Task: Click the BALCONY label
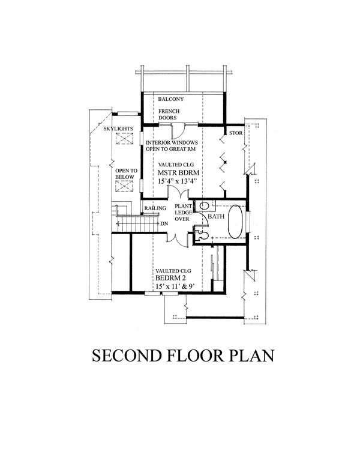[x=171, y=99]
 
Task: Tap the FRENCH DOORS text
[x=169, y=115]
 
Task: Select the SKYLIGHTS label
[x=118, y=129]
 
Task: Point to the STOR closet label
[x=236, y=133]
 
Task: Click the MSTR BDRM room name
[x=178, y=173]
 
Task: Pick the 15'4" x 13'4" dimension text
[x=178, y=181]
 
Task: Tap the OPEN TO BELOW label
[x=126, y=174]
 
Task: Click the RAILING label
[x=155, y=208]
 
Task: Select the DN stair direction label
[x=164, y=224]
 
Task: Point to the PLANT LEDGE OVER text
[x=182, y=213]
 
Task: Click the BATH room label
[x=216, y=216]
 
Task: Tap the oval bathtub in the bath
[x=236, y=221]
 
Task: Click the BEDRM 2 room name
[x=170, y=278]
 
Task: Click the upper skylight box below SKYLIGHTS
[x=124, y=139]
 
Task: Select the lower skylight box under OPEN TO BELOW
[x=124, y=186]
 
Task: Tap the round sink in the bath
[x=204, y=205]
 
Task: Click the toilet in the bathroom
[x=202, y=235]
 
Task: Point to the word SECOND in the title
[x=126, y=356]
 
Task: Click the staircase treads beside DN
[x=137, y=223]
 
